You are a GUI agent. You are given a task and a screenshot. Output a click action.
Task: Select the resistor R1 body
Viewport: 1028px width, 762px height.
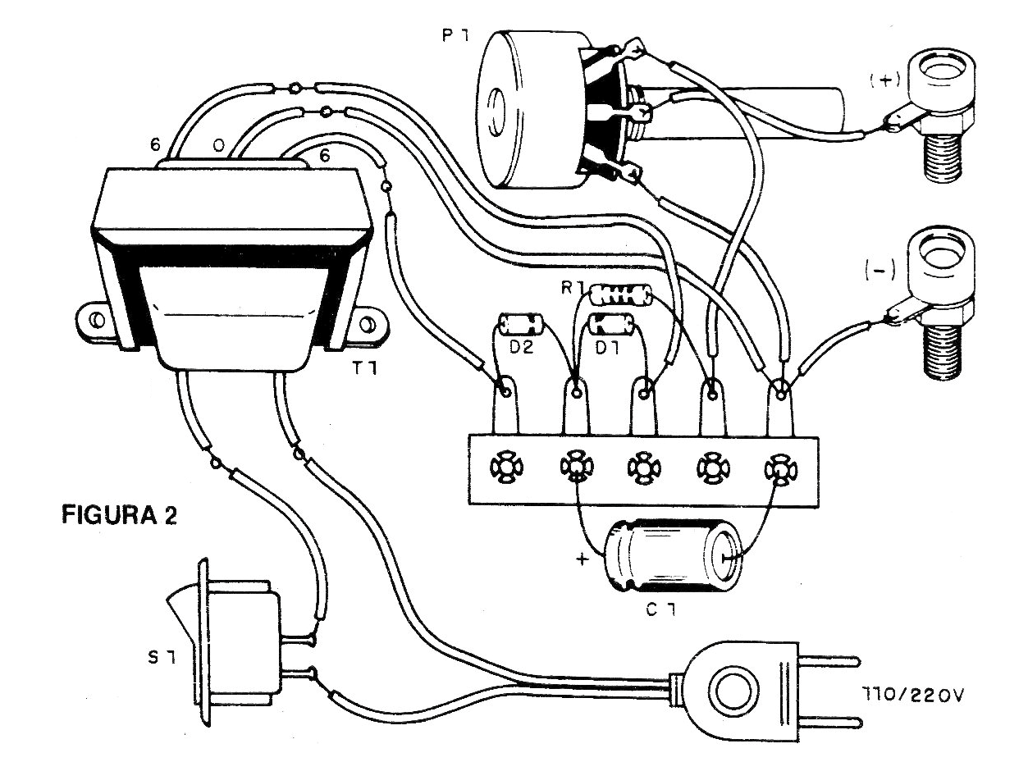tap(621, 294)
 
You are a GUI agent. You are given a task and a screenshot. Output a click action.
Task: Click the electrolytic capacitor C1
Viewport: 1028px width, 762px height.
tap(672, 558)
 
